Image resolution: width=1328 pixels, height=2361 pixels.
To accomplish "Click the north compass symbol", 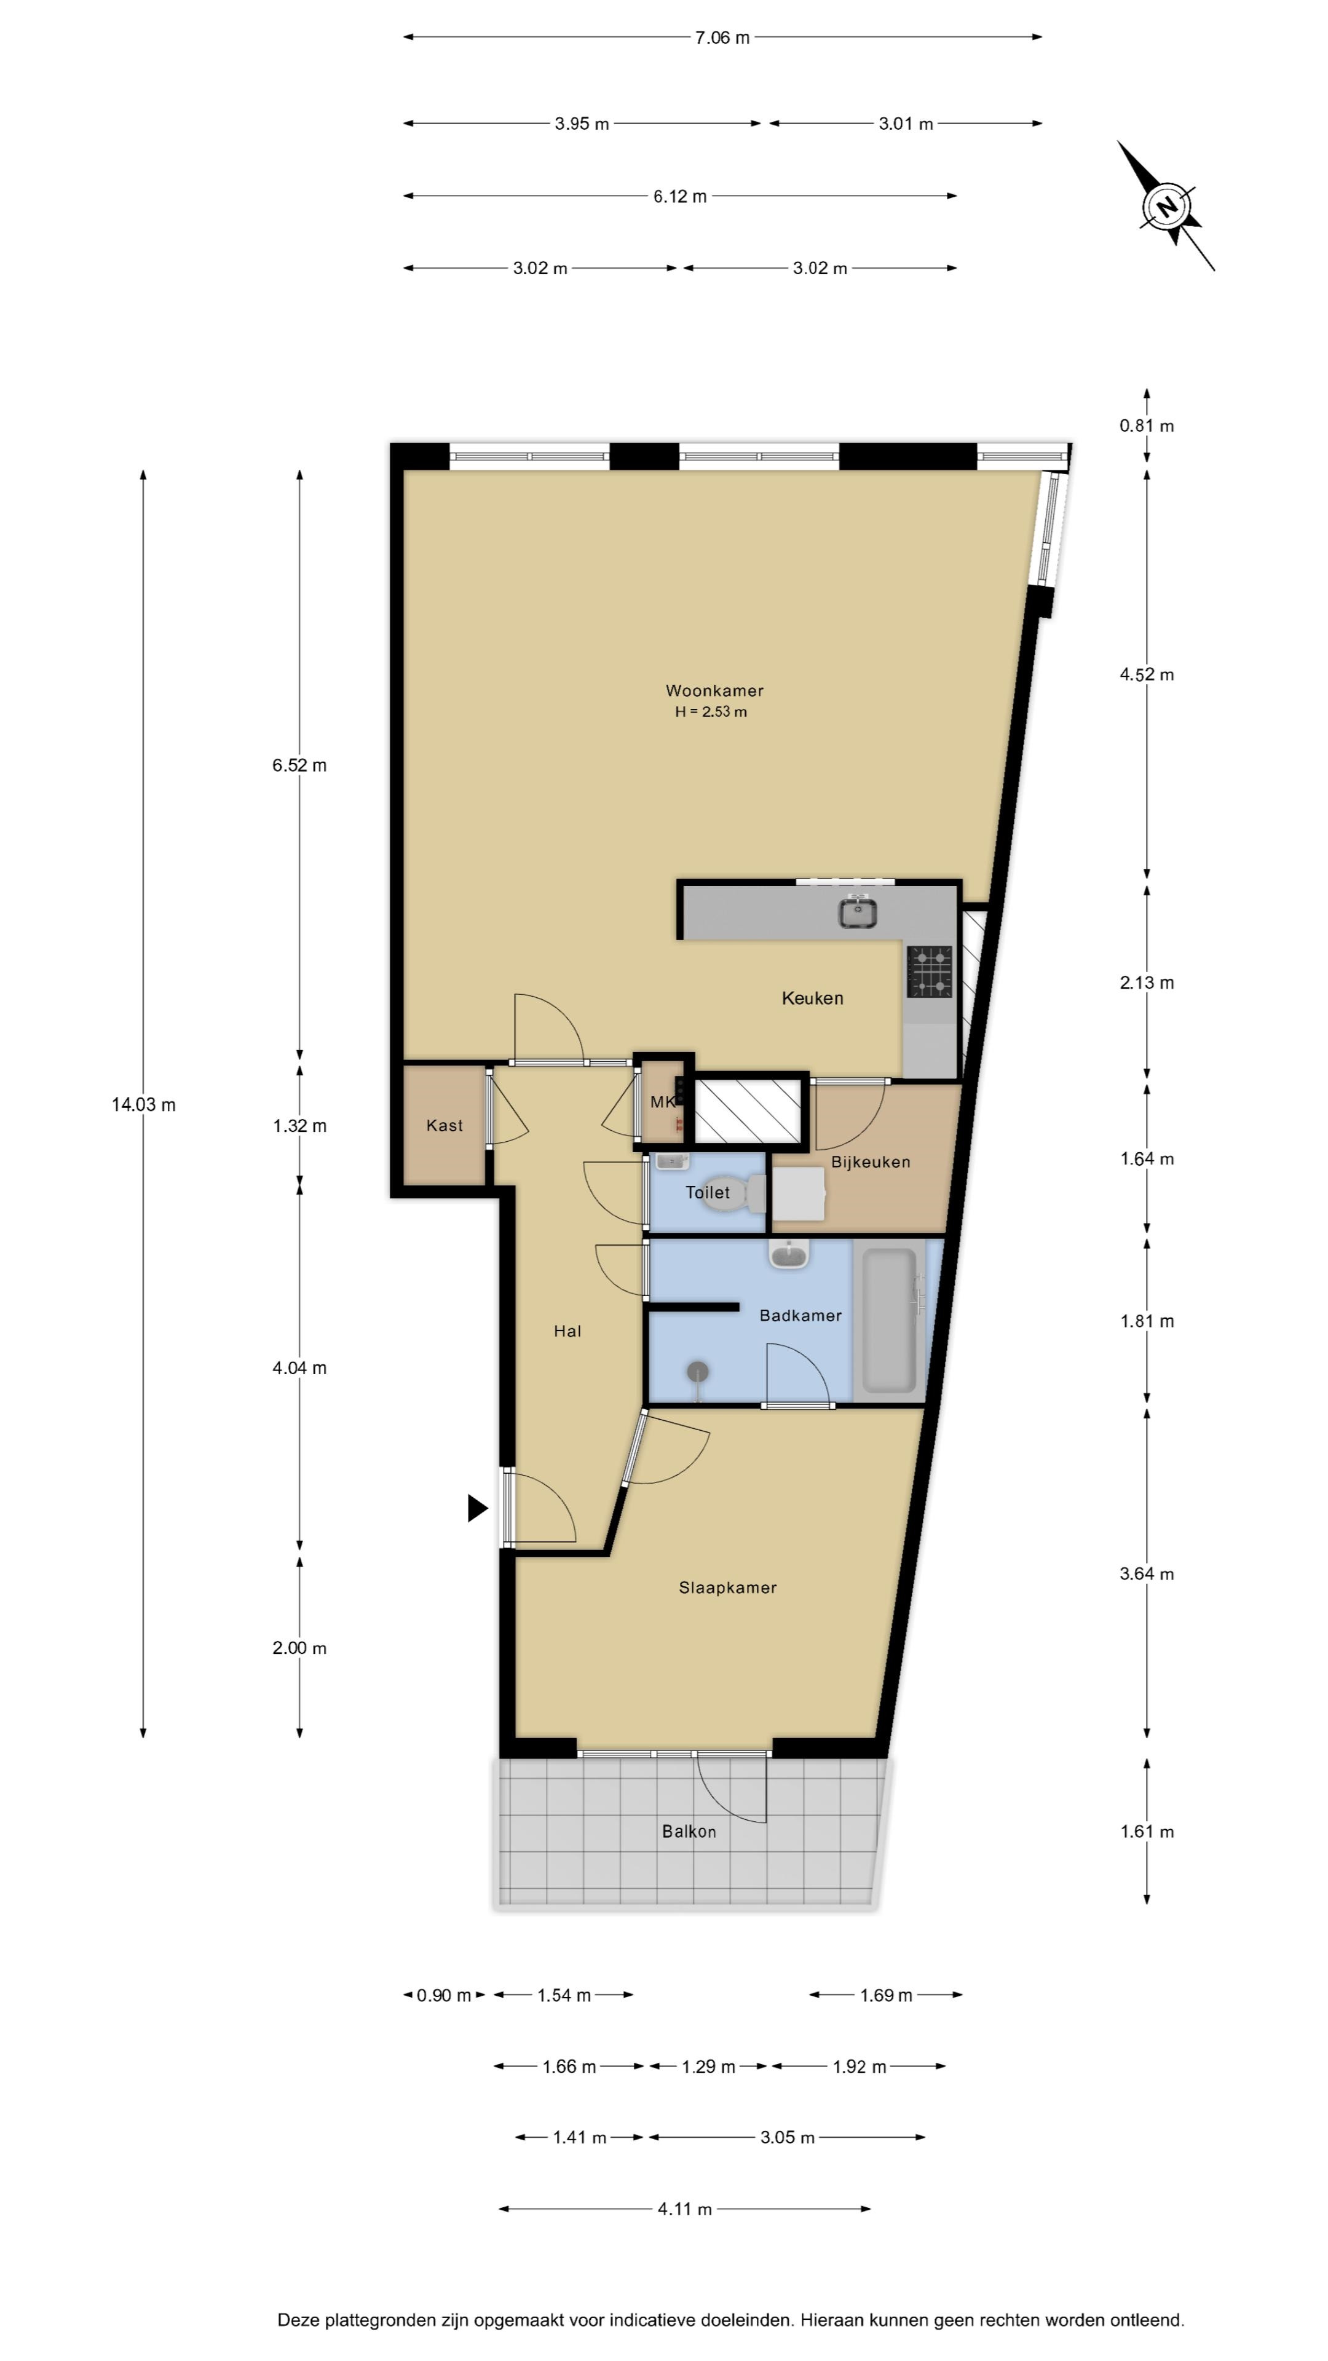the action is [1166, 206].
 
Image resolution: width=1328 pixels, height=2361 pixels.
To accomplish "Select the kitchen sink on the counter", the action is [857, 912].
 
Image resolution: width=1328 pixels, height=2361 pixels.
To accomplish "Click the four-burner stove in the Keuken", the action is [930, 971].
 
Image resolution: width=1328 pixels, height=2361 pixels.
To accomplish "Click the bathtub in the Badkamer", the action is [889, 1319].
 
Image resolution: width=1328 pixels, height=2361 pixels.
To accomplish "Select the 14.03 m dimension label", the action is [144, 1104].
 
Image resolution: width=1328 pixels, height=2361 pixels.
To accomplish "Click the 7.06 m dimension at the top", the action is [722, 38].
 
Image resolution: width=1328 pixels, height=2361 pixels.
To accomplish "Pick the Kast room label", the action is [445, 1126].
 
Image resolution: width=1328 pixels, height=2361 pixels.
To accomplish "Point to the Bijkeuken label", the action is [871, 1162].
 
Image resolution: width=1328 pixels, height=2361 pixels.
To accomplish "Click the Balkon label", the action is [689, 1831].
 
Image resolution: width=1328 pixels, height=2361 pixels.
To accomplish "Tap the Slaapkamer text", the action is [728, 1588].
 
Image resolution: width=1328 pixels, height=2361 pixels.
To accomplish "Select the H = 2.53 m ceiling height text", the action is [711, 712].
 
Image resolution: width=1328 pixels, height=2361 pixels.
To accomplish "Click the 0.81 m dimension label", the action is [1147, 425].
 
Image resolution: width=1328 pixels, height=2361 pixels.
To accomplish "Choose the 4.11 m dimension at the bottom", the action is [685, 2209].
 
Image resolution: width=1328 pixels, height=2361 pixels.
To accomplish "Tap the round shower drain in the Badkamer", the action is [698, 1372].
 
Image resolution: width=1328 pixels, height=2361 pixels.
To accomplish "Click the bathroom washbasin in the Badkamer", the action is [788, 1256].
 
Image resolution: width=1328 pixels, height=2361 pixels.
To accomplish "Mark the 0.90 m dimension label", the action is [443, 1995].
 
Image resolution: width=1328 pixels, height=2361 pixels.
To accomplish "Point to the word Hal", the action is [567, 1332].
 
